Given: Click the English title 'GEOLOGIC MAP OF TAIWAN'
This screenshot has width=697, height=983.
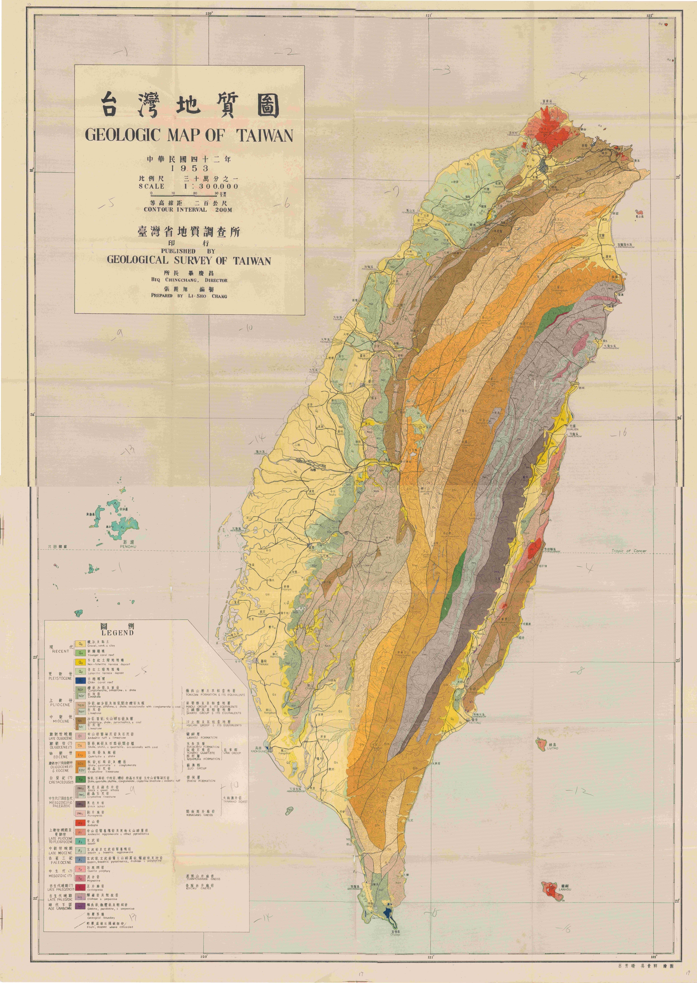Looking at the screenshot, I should [x=189, y=136].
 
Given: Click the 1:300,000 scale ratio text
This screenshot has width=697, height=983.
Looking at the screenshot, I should [x=211, y=186].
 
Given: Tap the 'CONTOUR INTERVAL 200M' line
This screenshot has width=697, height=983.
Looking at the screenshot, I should [x=188, y=210].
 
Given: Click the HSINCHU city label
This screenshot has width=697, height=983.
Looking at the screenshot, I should [x=421, y=224].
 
